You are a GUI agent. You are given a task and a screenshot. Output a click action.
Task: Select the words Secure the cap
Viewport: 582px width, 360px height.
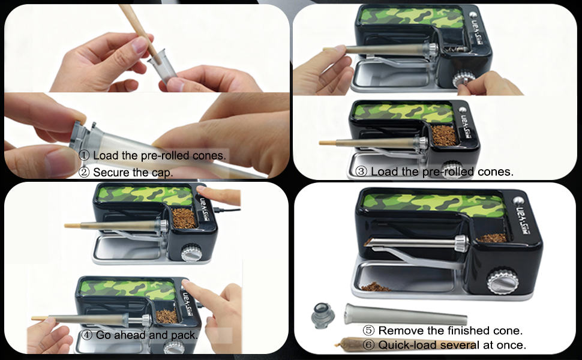(132, 172)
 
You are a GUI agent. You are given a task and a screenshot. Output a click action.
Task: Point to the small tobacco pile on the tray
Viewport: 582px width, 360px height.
(374, 286)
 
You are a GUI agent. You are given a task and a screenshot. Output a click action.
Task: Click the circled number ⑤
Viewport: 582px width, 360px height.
(369, 331)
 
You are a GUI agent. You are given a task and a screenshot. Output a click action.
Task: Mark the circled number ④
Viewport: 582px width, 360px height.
(87, 335)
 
